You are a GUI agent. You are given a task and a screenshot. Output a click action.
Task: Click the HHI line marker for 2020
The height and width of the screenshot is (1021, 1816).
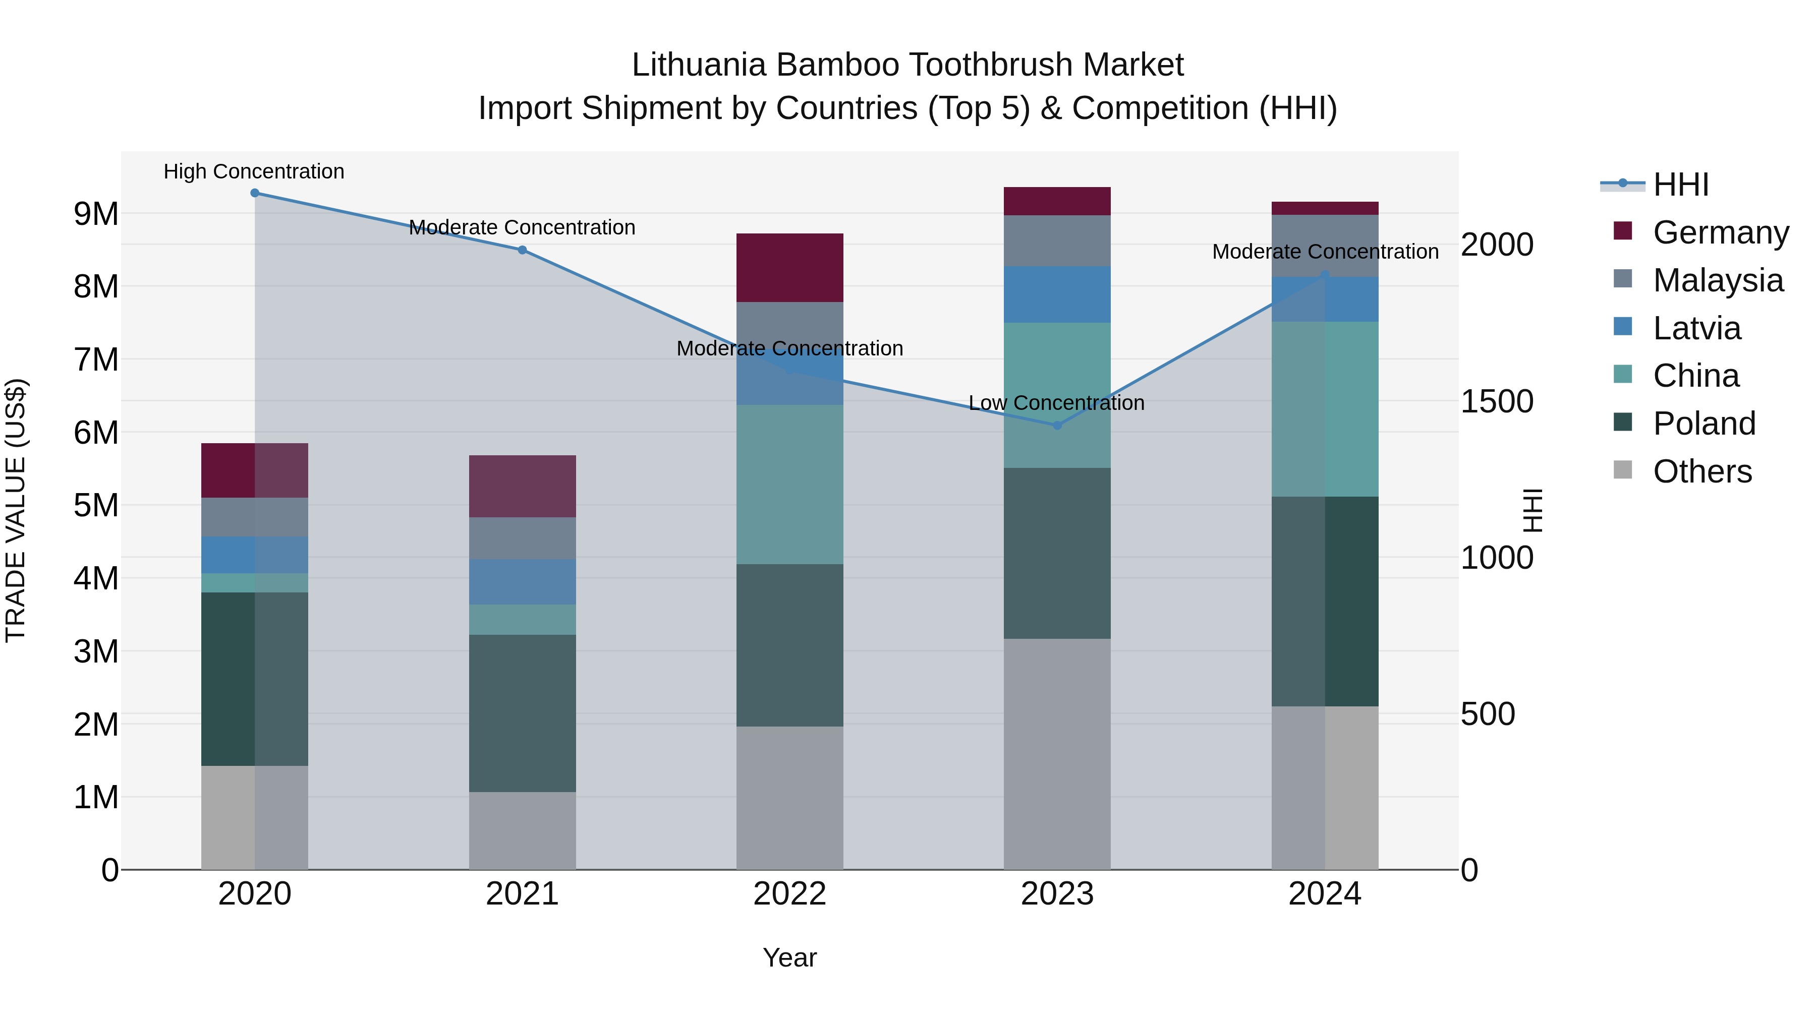click(x=255, y=193)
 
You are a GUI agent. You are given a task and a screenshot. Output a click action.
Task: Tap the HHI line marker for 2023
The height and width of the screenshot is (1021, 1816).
click(x=1057, y=425)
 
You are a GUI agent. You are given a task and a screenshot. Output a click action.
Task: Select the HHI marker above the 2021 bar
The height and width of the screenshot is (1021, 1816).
click(x=523, y=250)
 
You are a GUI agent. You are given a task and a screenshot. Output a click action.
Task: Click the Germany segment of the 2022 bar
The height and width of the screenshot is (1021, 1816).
click(x=789, y=268)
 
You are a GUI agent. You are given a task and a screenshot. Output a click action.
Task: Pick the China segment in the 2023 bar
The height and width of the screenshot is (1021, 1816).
click(x=1057, y=395)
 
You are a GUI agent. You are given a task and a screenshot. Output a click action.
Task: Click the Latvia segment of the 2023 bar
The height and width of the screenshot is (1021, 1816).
click(x=1057, y=294)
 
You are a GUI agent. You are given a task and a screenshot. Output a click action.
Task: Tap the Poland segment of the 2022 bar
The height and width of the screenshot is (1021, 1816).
click(x=789, y=645)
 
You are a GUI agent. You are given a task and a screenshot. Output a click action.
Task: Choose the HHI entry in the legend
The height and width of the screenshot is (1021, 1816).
click(x=1681, y=185)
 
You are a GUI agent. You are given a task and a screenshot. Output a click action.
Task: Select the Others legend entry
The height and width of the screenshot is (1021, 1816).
click(x=1702, y=471)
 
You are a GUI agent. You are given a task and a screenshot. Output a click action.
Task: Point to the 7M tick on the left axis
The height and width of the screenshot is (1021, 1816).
click(x=96, y=359)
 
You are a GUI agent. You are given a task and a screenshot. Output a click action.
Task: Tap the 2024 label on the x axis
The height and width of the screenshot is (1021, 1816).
click(x=1324, y=893)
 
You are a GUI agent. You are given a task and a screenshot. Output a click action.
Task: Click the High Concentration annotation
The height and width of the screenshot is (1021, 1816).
click(x=254, y=171)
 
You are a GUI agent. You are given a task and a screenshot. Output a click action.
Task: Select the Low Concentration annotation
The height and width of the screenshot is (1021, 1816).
click(x=1056, y=402)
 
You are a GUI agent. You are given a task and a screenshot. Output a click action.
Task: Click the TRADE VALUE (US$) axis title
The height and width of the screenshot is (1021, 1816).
click(x=16, y=510)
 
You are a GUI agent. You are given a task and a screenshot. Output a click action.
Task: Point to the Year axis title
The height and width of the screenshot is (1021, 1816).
click(x=789, y=957)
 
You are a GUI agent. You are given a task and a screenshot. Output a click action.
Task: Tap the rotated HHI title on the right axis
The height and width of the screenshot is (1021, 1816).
click(x=1531, y=510)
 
